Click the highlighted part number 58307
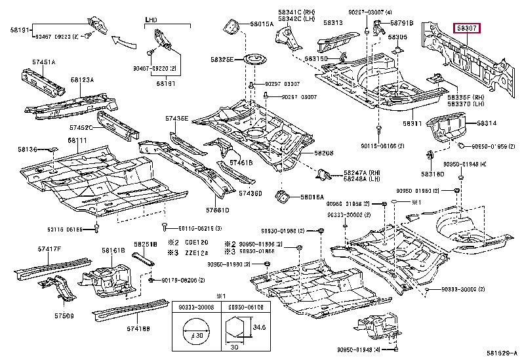pos(468,28)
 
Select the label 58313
pos(332,23)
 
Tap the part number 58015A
pos(261,24)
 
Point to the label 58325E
pos(222,60)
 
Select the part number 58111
pos(77,140)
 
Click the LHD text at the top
pos(151,21)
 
